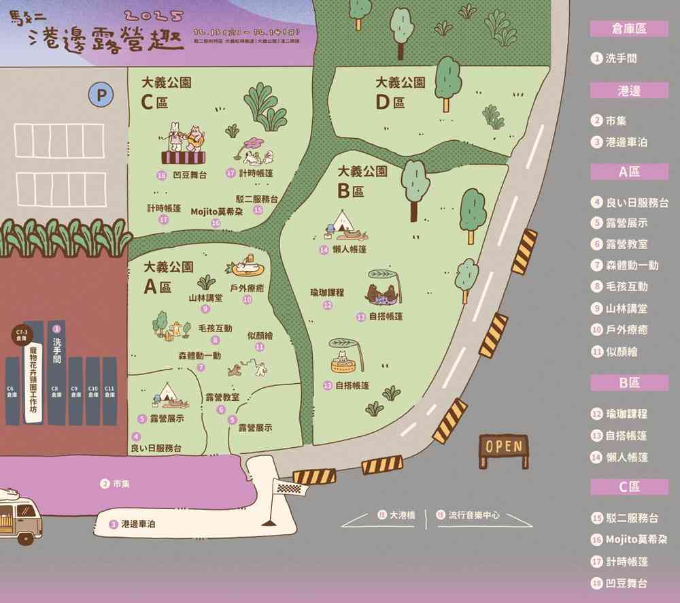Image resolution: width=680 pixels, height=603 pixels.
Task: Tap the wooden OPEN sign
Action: (503, 446)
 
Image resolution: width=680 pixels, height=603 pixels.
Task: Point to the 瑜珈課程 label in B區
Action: (327, 293)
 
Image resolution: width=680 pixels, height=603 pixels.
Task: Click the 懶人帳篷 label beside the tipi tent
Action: (350, 249)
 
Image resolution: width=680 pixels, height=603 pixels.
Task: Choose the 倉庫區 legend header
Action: (628, 28)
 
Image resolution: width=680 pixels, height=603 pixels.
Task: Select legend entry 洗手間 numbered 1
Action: (621, 59)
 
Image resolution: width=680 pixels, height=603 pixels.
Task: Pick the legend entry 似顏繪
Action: (622, 352)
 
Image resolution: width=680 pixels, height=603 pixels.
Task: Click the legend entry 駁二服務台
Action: (632, 518)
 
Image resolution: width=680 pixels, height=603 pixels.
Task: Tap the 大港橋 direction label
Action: (403, 515)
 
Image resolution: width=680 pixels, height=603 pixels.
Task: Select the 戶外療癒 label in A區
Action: (247, 288)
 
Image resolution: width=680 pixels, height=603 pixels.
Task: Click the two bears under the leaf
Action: (381, 295)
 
